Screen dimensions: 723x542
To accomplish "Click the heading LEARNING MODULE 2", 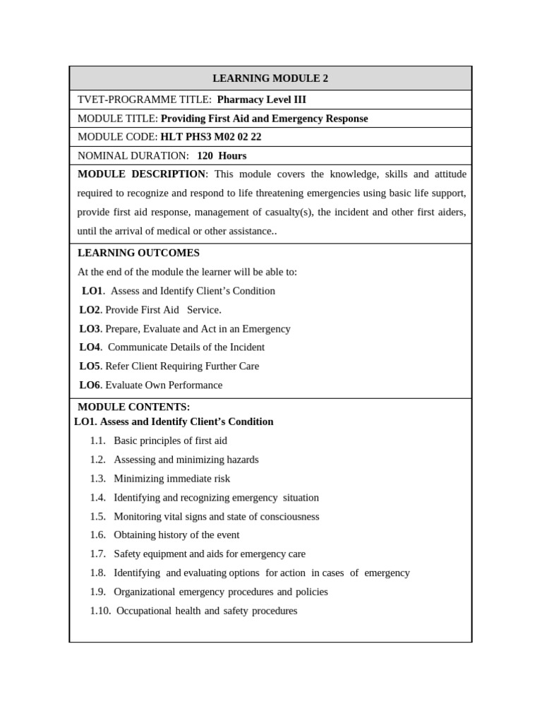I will [270, 78].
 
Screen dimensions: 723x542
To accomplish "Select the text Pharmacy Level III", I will [261, 100].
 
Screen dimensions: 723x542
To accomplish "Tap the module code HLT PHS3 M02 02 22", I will [211, 137].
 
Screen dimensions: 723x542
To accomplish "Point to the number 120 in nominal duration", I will [205, 155].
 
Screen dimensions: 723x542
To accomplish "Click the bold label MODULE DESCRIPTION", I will [141, 174].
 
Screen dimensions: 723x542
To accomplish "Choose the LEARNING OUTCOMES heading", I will [138, 253].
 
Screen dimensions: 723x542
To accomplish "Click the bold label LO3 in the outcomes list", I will [90, 328].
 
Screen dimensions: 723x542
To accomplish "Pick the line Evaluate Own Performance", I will [164, 385].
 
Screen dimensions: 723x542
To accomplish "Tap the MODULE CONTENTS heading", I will [133, 407].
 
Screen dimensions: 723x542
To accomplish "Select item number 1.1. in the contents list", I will [97, 441].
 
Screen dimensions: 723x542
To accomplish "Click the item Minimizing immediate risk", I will [171, 479].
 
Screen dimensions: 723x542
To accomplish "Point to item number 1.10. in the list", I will [100, 611].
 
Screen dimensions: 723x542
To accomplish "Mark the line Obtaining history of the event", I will [176, 535].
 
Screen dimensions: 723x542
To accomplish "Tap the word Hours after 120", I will [232, 155].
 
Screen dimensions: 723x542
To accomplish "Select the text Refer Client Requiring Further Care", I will [182, 366].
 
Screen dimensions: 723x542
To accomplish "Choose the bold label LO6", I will [90, 385].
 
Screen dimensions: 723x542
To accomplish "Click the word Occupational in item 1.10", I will [144, 611].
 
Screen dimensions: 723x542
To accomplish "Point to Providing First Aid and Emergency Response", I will [265, 119].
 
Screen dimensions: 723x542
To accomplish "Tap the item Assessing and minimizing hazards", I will [186, 460].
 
